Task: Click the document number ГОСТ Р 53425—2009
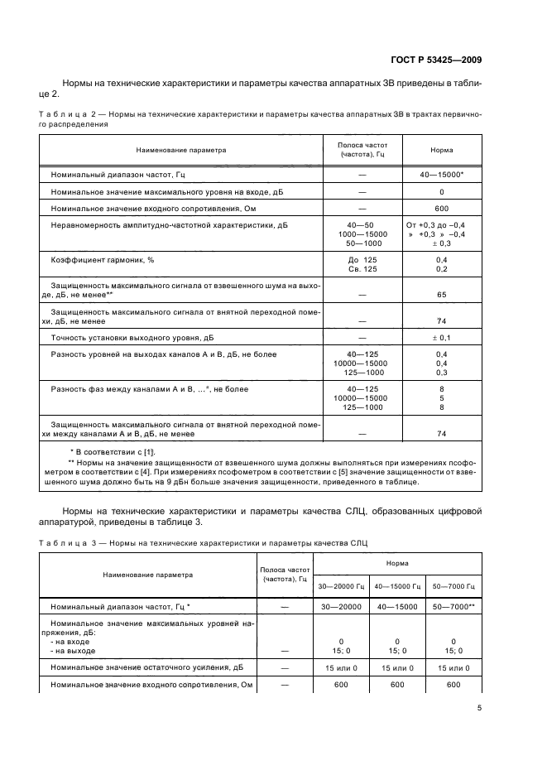[x=436, y=59]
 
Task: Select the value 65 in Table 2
[x=441, y=294]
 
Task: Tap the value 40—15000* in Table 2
[x=441, y=176]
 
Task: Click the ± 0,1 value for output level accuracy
[x=441, y=337]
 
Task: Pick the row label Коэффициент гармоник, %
[x=103, y=260]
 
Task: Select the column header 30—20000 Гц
[x=342, y=586]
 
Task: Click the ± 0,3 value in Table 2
[x=441, y=243]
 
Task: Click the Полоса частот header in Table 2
[x=363, y=149]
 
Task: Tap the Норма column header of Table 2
[x=441, y=150]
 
